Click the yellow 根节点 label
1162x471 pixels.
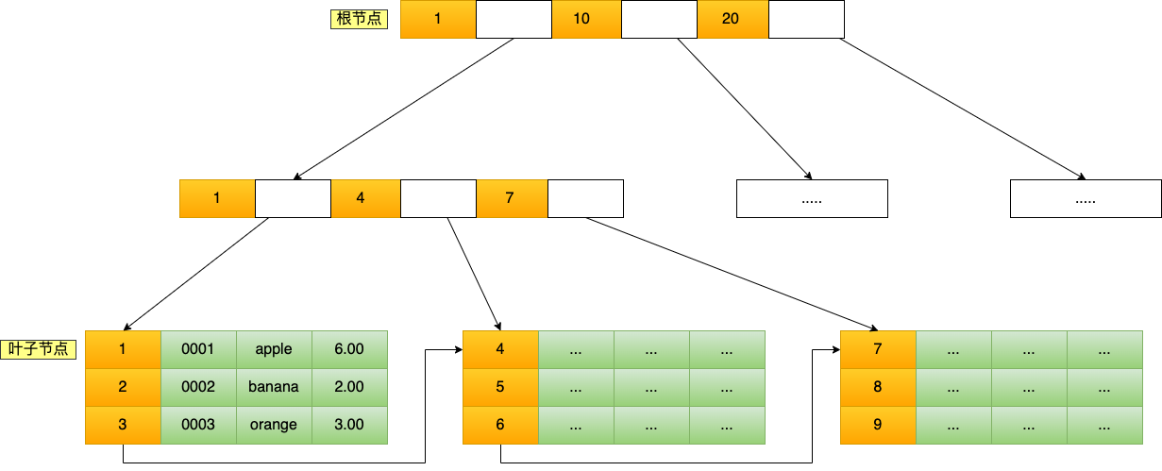[x=359, y=19]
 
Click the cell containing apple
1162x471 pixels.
[x=274, y=349]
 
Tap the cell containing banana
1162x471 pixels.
[x=274, y=387]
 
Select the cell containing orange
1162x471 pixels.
[x=274, y=425]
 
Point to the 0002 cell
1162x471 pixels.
[x=198, y=387]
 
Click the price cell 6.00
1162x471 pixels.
[x=349, y=349]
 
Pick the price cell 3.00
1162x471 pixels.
[x=349, y=425]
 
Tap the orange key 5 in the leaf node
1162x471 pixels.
[x=500, y=387]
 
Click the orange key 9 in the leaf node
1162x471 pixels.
[x=878, y=425]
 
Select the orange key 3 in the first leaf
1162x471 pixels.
[x=123, y=425]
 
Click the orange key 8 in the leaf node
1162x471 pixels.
[x=878, y=387]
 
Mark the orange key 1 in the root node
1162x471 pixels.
[x=438, y=19]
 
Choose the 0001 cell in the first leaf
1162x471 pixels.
[x=198, y=349]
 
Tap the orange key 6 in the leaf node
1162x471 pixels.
[x=500, y=425]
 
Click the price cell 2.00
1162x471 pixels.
[x=349, y=387]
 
